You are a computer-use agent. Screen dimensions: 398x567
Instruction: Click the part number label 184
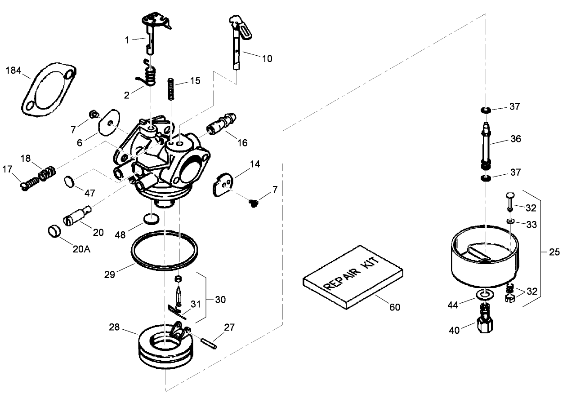tap(13, 71)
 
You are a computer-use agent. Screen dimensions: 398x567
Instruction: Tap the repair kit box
tap(353, 277)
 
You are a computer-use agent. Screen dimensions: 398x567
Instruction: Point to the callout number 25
tap(554, 252)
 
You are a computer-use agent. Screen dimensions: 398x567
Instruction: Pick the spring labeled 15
tap(171, 89)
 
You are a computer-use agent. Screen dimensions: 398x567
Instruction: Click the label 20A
tap(82, 248)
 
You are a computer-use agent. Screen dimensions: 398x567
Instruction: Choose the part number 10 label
tap(267, 58)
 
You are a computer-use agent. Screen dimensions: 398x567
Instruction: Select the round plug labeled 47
tap(69, 181)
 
